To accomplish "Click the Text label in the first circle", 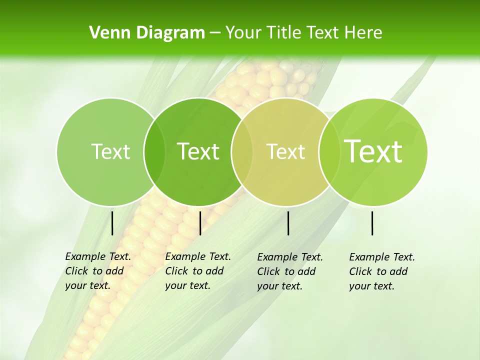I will [110, 151].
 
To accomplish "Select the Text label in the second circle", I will [198, 151].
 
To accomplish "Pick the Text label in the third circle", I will [285, 151].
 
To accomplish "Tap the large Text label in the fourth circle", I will [373, 151].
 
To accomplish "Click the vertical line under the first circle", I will [112, 223].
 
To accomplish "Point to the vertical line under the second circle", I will [200, 223].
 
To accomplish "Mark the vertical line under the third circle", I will [288, 223].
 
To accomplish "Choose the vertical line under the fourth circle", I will [372, 223].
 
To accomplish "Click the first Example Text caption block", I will [98, 271].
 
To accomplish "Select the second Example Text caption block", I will [198, 271].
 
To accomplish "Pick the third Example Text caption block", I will [290, 271].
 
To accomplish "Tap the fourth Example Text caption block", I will [382, 271].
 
